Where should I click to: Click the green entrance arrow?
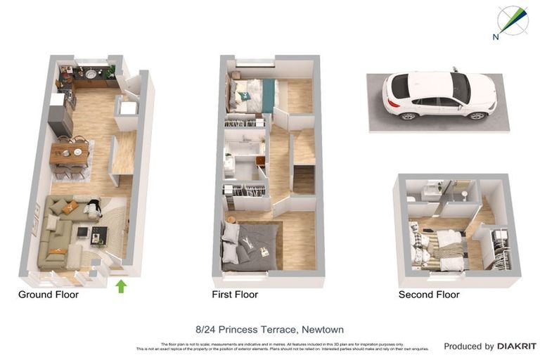pos(120,285)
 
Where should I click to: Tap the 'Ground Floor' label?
pos(49,295)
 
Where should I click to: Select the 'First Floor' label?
pos(235,295)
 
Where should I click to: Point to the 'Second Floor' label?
pos(429,295)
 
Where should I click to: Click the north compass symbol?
pos(513,22)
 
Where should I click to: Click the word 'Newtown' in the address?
pos(321,329)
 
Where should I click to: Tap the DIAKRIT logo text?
pos(517,346)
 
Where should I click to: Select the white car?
pos(439,94)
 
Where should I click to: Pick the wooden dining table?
pos(69,153)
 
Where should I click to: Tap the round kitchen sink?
pos(91,72)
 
